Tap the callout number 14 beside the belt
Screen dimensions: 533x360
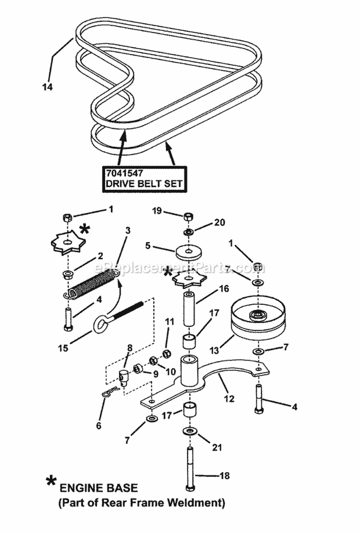click(x=47, y=87)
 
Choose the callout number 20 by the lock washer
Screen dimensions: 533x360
click(x=218, y=222)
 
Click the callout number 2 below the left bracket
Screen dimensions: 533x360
click(x=100, y=256)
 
